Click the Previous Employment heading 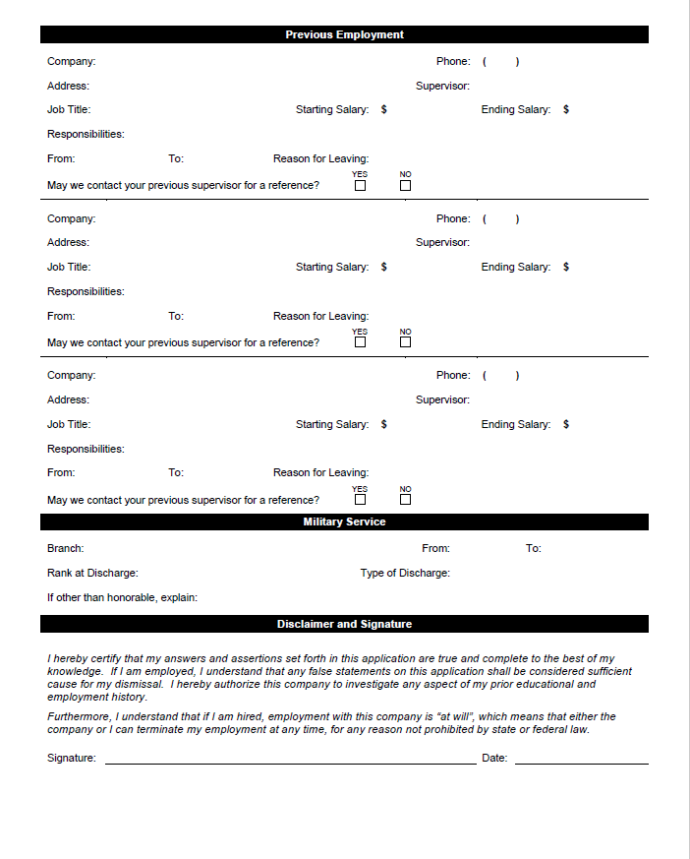[344, 34]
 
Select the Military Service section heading [344, 522]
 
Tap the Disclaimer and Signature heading [344, 624]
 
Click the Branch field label [65, 548]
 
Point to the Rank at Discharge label [92, 573]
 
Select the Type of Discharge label [405, 573]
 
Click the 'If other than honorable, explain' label [122, 597]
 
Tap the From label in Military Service [435, 548]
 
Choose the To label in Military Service [533, 548]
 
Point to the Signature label [72, 759]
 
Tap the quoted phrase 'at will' [482, 716]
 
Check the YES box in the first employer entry [361, 185]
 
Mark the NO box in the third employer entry [406, 499]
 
